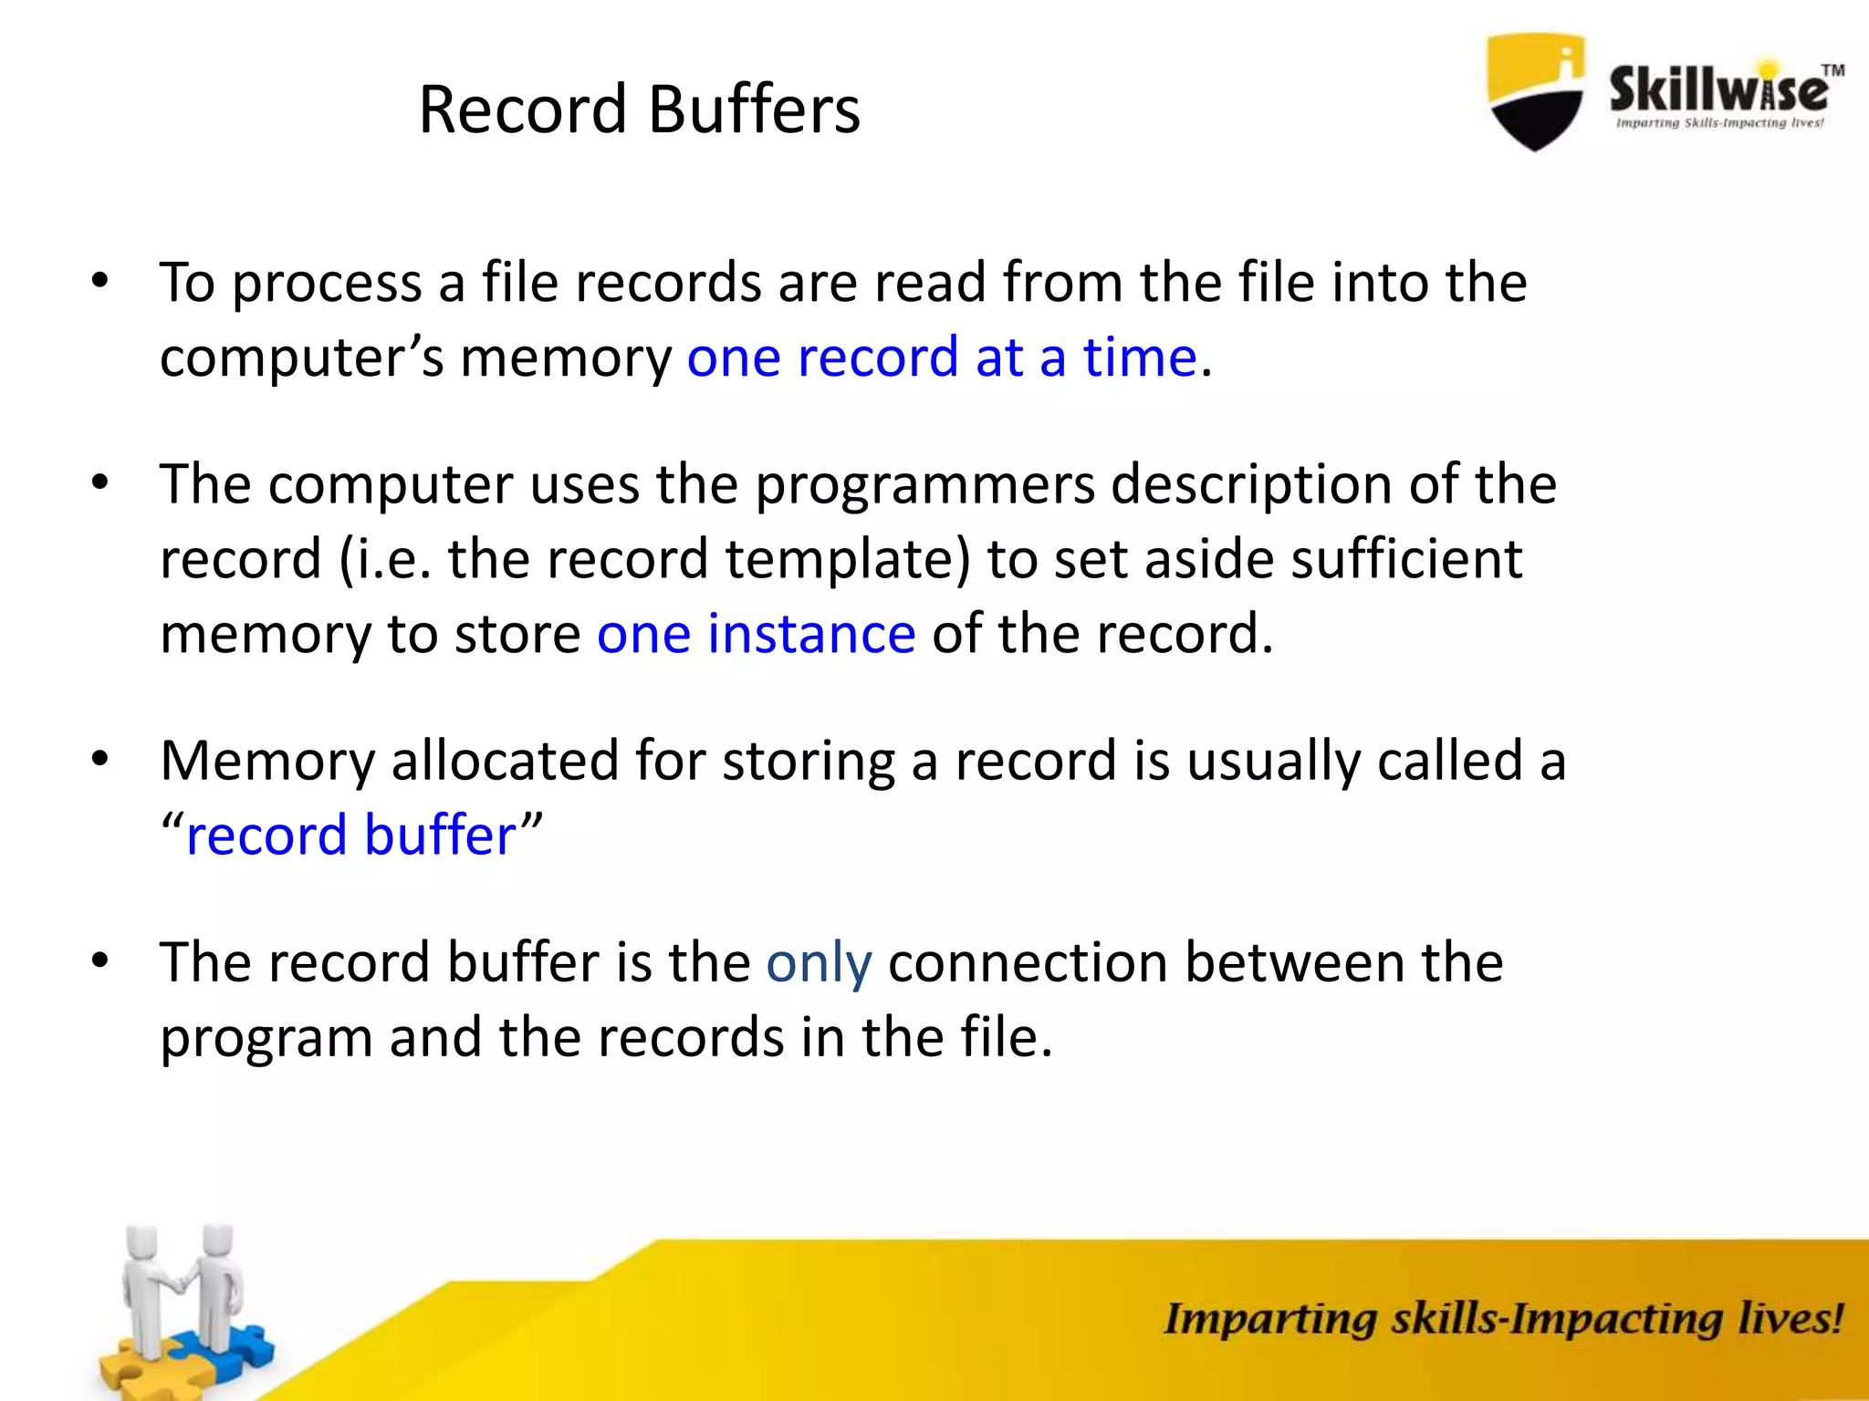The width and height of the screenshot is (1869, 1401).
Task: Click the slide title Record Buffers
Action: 639,109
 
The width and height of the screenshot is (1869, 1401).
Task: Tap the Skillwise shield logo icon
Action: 1535,91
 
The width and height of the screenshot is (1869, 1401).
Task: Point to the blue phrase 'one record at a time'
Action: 941,357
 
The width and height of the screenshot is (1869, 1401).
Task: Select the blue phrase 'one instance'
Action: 756,634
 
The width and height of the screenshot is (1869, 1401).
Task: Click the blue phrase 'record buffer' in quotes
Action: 351,835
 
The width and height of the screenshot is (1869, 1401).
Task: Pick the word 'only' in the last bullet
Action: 819,963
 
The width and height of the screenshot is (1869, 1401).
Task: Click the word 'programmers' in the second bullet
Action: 924,484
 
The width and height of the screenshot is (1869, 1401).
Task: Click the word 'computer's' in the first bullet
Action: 302,357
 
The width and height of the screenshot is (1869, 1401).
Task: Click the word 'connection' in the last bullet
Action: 1028,963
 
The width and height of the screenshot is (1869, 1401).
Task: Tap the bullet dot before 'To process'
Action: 100,280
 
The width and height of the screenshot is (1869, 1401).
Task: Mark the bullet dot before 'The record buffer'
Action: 100,960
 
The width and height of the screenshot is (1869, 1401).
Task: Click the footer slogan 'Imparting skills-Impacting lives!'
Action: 1502,1319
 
